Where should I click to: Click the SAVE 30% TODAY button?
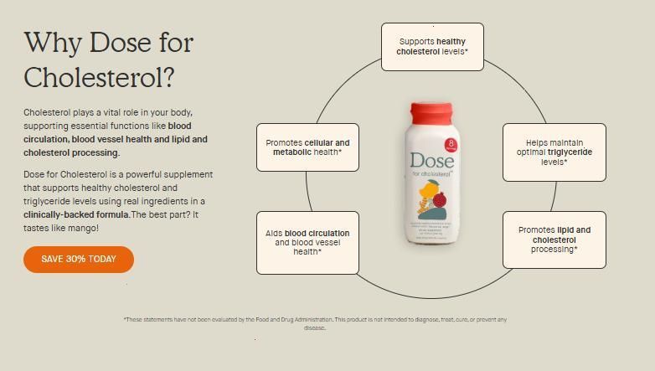click(x=79, y=260)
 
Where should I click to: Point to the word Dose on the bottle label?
click(x=431, y=161)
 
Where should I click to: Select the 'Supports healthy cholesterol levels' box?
click(x=432, y=46)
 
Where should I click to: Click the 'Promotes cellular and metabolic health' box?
click(x=307, y=147)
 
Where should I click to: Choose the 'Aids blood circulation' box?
click(x=307, y=243)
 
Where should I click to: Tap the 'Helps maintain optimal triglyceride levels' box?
click(x=554, y=152)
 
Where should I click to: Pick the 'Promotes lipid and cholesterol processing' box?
click(x=554, y=240)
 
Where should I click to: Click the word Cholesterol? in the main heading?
click(x=99, y=77)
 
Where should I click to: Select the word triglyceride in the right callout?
click(x=570, y=152)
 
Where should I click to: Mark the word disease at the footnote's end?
click(x=314, y=328)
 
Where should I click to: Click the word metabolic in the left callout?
click(x=291, y=152)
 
